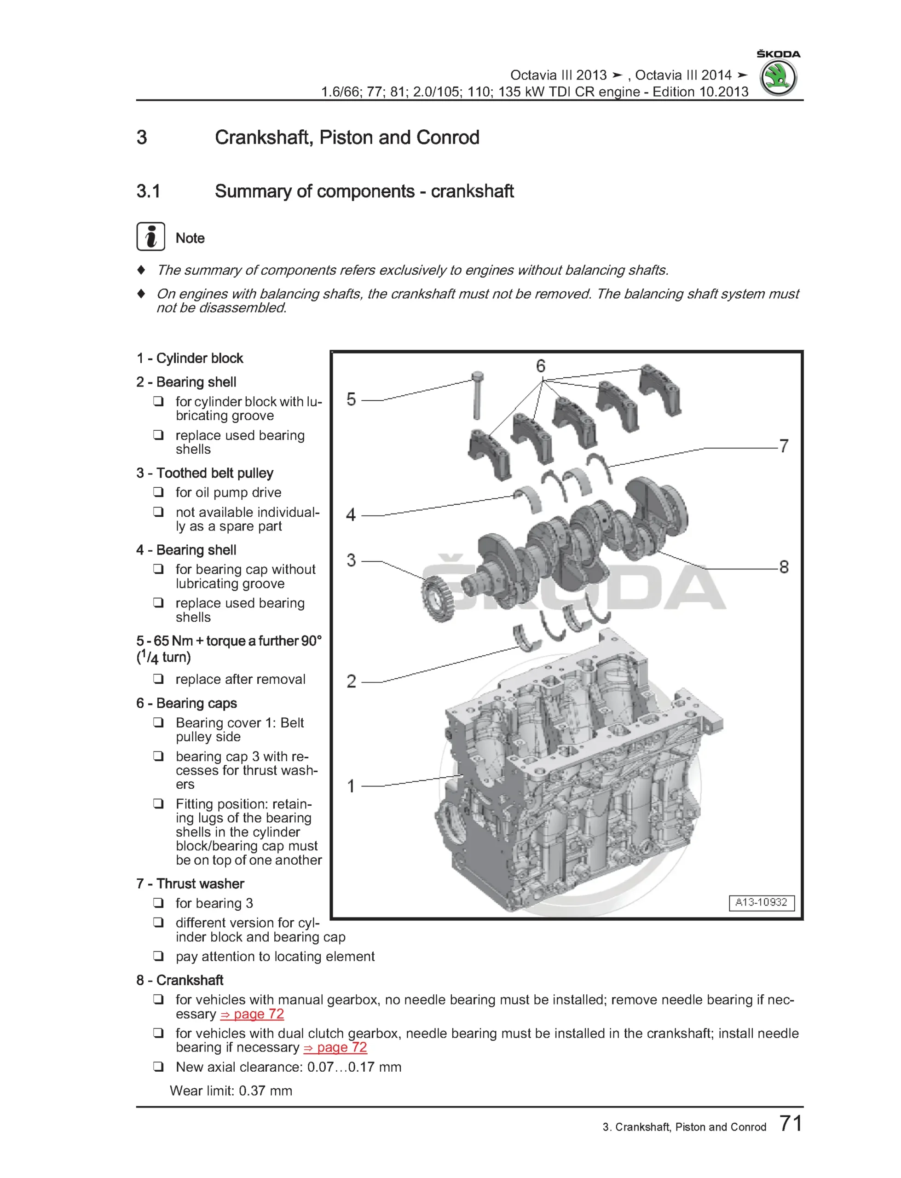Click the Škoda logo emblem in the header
778,77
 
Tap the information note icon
150,237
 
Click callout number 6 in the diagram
541,366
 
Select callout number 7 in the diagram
784,445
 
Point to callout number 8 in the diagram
784,567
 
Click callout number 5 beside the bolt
351,399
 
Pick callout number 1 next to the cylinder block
351,786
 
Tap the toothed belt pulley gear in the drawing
437,599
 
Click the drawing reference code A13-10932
761,902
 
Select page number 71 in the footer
791,1123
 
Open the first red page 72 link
252,1014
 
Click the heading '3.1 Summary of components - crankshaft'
325,191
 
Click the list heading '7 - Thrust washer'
191,883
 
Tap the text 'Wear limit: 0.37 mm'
231,1091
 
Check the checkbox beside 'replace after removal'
158,679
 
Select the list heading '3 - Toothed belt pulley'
205,473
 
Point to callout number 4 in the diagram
351,515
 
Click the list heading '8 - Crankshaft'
179,980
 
